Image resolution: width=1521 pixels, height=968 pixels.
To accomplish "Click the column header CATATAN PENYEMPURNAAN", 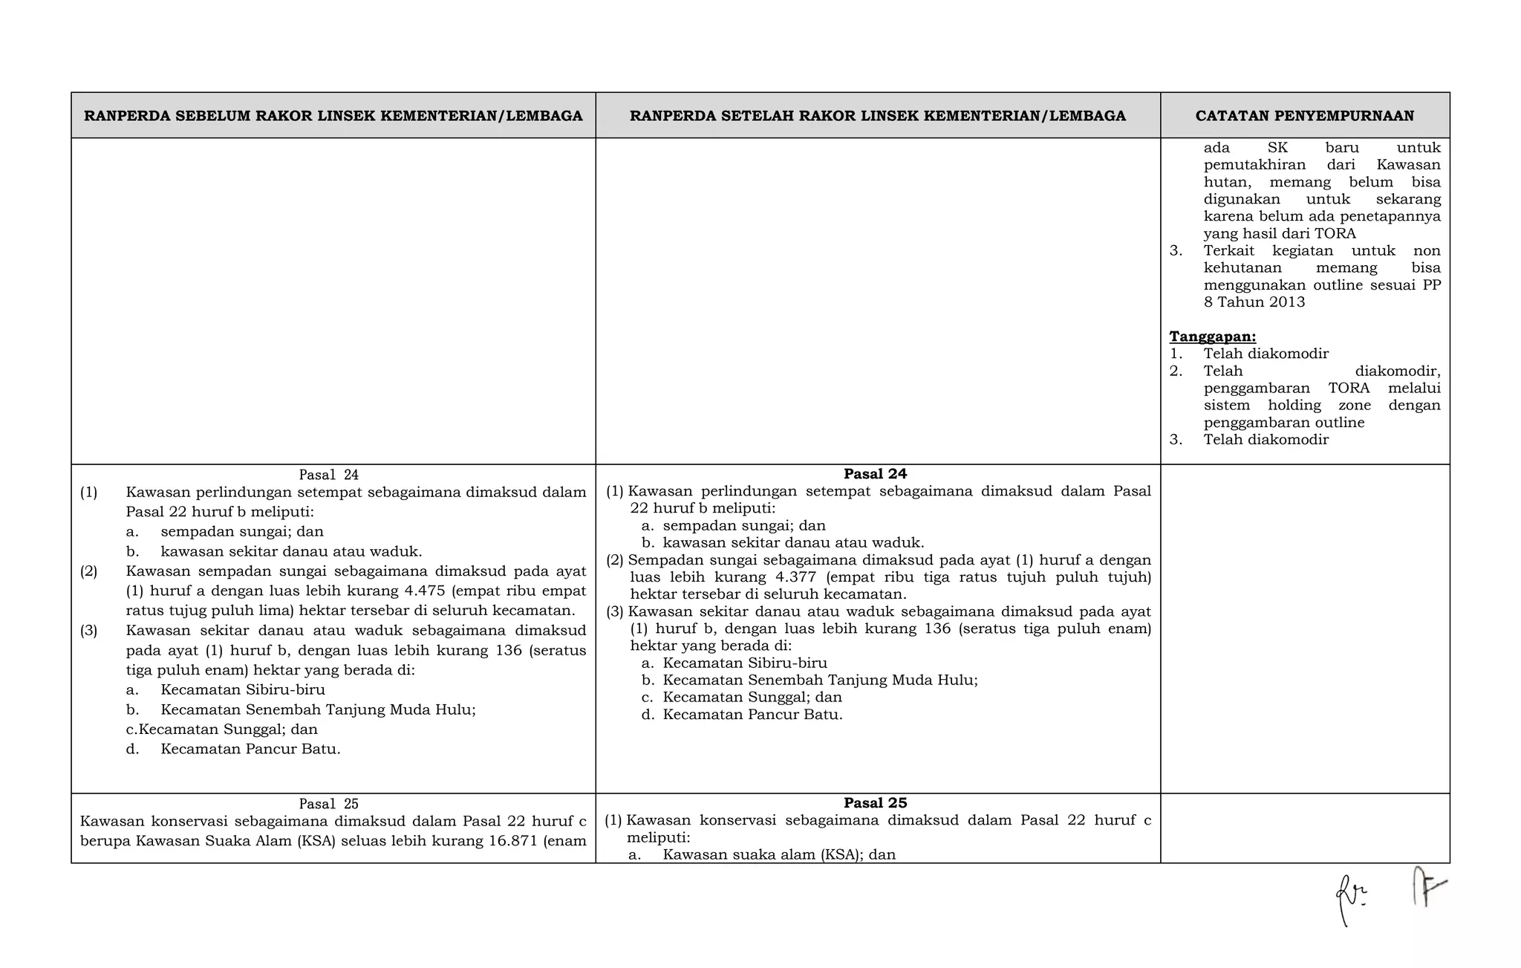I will tap(1304, 116).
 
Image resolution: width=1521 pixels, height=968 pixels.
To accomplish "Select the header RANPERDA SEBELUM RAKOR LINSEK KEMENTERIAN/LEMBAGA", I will tap(333, 116).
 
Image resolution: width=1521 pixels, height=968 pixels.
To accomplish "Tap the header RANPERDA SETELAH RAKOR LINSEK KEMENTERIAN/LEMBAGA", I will tap(877, 116).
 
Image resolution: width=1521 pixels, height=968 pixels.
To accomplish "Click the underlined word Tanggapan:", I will tap(1212, 337).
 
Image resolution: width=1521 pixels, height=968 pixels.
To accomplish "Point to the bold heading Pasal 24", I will tap(875, 474).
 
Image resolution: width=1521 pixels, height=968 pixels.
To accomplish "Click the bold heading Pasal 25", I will tap(875, 803).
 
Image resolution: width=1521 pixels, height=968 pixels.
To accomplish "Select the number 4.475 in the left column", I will tap(424, 591).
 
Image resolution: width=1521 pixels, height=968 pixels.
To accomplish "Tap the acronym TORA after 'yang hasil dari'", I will tap(1335, 234).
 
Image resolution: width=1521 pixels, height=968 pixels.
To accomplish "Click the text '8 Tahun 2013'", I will tap(1254, 302).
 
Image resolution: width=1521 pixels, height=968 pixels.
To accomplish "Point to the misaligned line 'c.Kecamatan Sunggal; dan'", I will tap(221, 730).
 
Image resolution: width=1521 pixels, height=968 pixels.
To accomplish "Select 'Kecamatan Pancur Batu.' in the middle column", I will tap(752, 715).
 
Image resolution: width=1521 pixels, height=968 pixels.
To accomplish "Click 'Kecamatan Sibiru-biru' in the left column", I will tap(243, 690).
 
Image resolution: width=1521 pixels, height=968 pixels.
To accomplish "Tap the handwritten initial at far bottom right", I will tap(1428, 889).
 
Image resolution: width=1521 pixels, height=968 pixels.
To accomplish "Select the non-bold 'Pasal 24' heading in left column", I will tap(328, 475).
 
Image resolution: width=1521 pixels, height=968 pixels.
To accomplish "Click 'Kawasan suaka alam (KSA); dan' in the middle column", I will tap(779, 854).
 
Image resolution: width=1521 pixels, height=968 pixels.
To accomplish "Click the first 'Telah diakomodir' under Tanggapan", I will tap(1266, 354).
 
